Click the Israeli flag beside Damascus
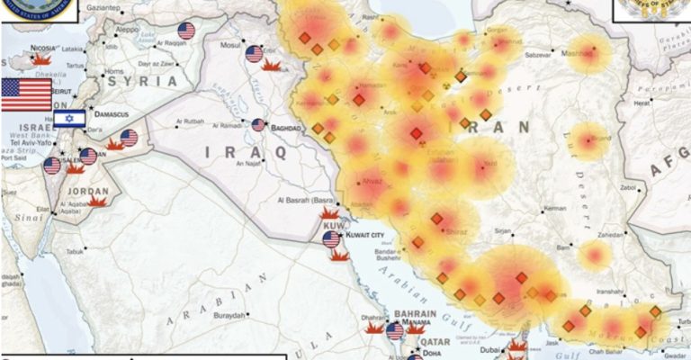click(x=69, y=118)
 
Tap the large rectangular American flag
click(x=25, y=94)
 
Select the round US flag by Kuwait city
click(x=331, y=238)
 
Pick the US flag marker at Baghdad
click(x=259, y=125)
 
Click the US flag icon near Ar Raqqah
click(x=186, y=31)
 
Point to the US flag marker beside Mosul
click(x=254, y=54)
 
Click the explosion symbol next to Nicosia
click(x=41, y=58)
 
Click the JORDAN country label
click(x=88, y=191)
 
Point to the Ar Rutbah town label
click(x=191, y=121)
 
